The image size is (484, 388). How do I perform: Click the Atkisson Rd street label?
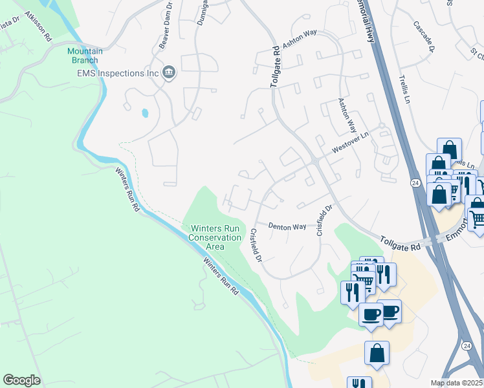pos(37,26)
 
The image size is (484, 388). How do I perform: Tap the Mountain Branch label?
pos(82,56)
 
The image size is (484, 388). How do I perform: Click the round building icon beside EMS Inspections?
pos(170,72)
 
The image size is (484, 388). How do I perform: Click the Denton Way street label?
pos(288,227)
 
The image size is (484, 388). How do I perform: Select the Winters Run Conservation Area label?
pos(215,237)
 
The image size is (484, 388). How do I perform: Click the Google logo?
pos(21,380)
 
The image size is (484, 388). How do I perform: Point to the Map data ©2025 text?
pos(457,383)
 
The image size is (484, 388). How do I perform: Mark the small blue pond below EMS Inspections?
pos(145,113)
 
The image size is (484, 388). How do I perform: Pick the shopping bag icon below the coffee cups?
pos(377,354)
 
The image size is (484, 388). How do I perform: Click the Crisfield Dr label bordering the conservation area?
pos(254,245)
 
